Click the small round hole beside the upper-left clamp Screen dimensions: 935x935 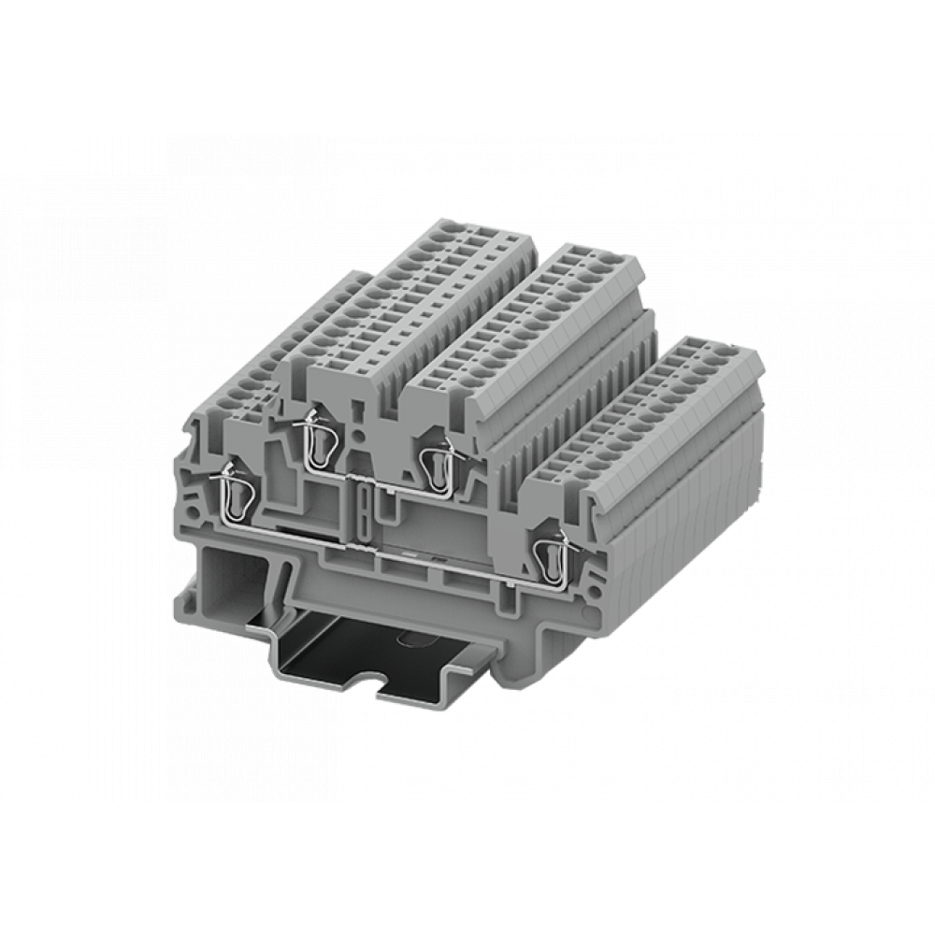[359, 436]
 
